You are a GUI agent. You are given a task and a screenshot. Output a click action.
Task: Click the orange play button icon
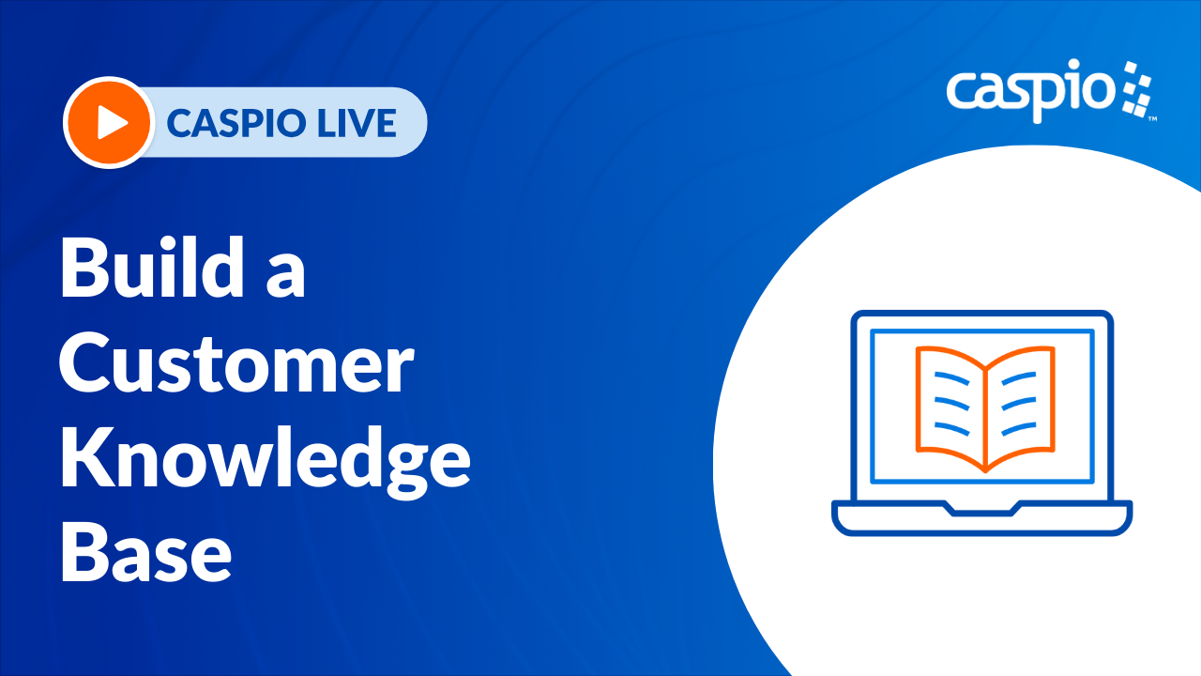109,122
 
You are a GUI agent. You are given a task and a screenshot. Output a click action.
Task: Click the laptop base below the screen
982,518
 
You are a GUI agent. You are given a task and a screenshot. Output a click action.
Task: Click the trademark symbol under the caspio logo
1152,119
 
